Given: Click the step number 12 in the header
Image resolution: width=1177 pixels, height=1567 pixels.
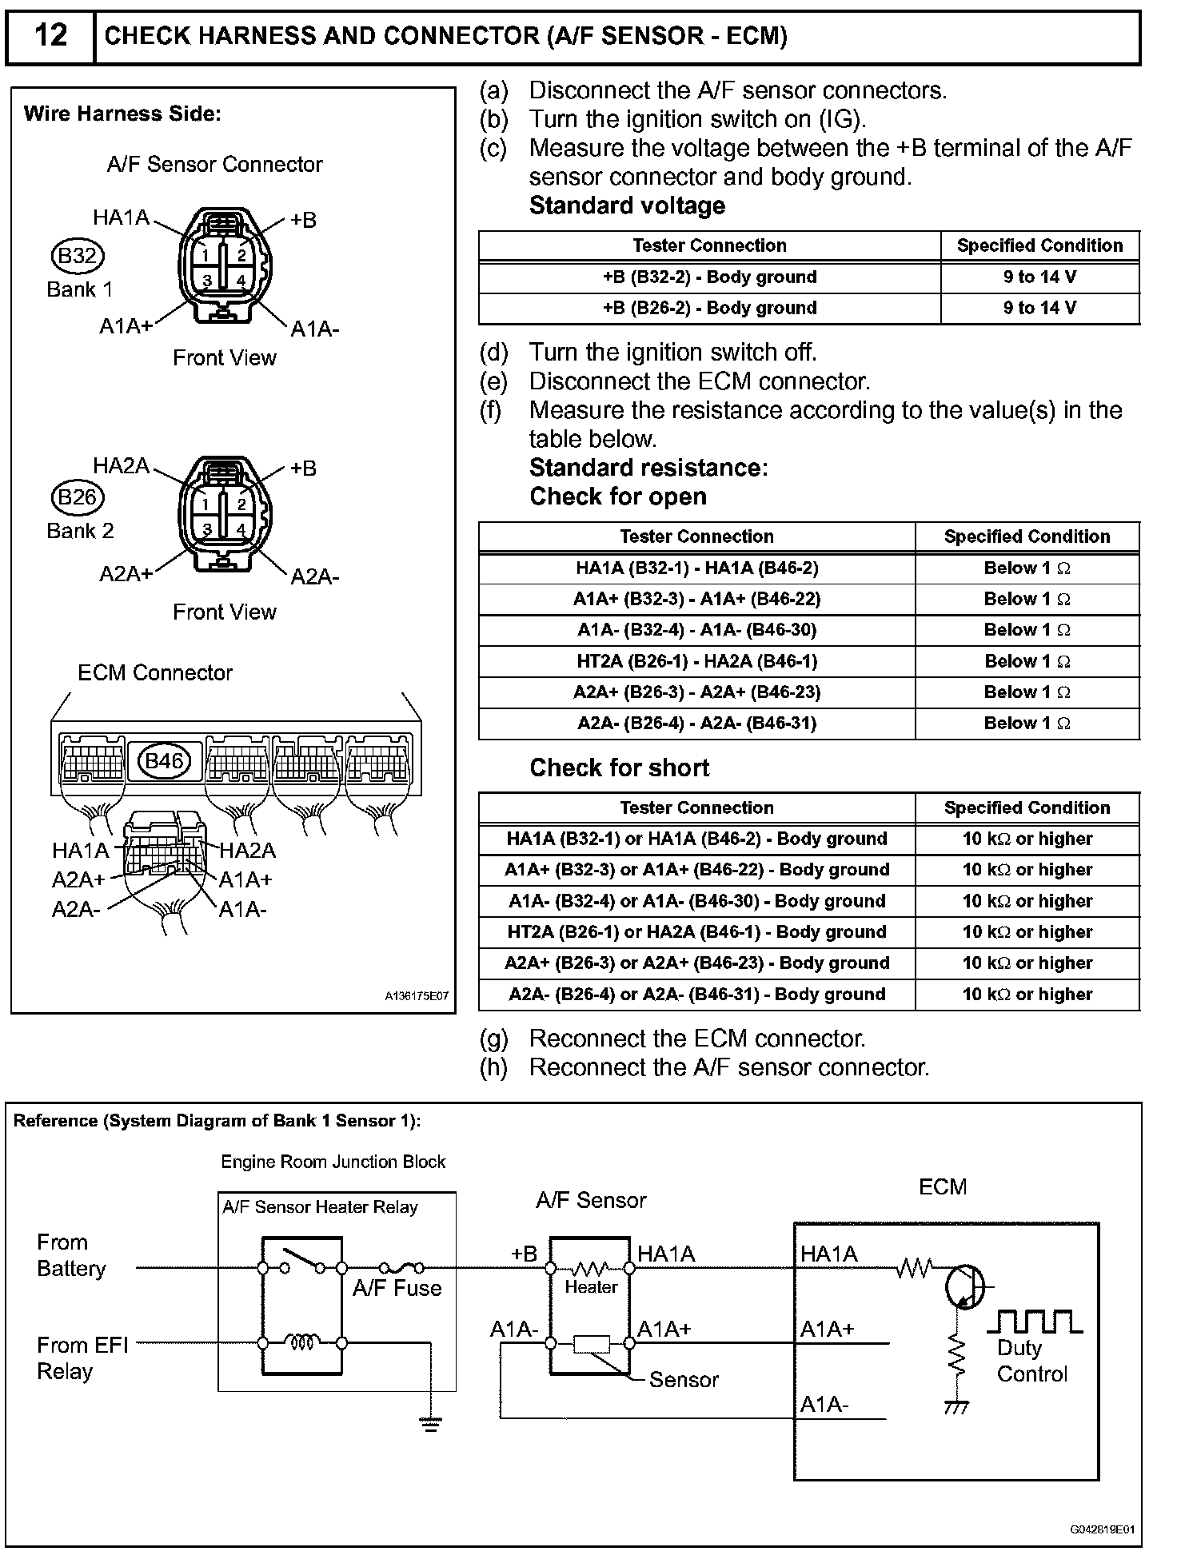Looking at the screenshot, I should coord(50,36).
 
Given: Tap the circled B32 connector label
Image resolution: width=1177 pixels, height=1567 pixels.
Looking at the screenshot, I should coord(78,256).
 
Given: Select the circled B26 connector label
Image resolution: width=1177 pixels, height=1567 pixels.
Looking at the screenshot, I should coord(78,497).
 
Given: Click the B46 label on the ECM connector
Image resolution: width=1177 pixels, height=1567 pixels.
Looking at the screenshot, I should coord(165,760).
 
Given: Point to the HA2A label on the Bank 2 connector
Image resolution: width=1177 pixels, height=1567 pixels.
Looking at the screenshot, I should coord(121,465).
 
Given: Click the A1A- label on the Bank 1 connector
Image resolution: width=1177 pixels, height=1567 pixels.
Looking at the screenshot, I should coord(314,329).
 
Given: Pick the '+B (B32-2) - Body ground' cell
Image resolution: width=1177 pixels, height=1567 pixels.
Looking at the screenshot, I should coord(709,277).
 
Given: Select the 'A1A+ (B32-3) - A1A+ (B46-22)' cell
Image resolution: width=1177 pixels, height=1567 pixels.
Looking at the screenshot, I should coord(696,600).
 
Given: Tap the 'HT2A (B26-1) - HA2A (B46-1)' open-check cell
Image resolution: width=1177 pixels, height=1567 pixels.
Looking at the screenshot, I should coord(696,661).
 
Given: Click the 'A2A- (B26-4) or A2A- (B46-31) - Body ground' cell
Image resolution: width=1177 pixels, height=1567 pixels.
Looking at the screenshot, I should coord(696,995).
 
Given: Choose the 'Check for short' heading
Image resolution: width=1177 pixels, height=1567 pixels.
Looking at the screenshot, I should coord(619,768).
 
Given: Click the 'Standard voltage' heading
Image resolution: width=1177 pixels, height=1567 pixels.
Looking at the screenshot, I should coord(627,205).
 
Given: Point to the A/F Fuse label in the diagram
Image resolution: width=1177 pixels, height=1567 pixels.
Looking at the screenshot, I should coord(397,1289).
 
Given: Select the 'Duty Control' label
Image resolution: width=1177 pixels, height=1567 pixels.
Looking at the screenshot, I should coord(1031,1361).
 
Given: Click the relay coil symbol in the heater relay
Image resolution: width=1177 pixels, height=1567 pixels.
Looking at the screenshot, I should coord(303,1342).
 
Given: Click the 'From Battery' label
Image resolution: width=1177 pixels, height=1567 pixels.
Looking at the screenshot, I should coord(71,1255).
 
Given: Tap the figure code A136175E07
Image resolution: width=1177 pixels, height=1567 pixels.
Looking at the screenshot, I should coord(417,997).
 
